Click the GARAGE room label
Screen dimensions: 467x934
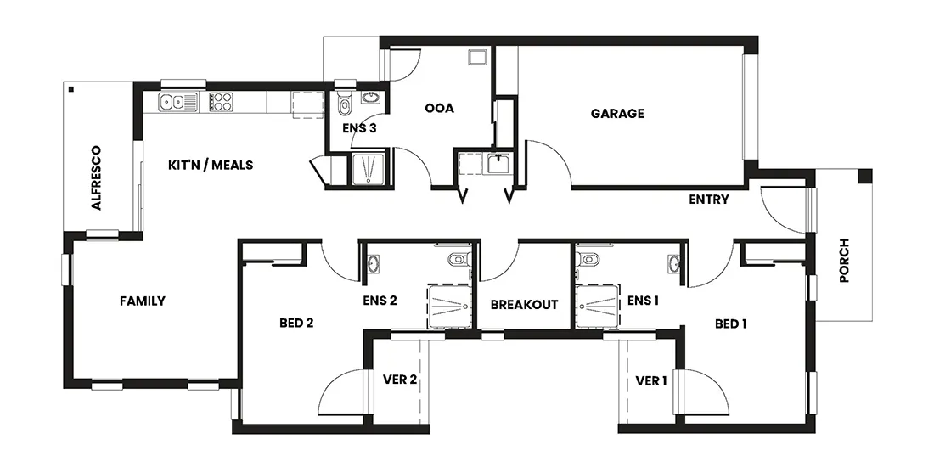click(617, 113)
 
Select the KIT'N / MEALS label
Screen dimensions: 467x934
click(211, 165)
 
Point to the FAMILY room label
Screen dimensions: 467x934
click(142, 301)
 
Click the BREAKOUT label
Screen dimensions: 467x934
click(524, 304)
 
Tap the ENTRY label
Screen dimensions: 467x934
click(708, 200)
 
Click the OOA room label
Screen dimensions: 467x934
click(439, 108)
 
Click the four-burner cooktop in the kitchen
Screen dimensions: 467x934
click(222, 102)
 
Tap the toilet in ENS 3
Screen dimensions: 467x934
click(344, 104)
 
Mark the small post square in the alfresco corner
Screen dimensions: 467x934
click(72, 89)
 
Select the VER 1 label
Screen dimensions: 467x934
click(651, 380)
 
